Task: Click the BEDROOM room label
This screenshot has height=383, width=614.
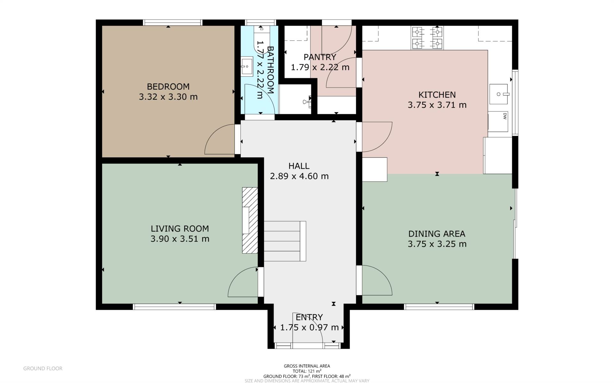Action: pyautogui.click(x=168, y=87)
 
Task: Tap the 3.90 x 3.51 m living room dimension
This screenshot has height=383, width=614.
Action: pyautogui.click(x=180, y=239)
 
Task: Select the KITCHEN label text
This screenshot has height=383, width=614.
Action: pyautogui.click(x=437, y=95)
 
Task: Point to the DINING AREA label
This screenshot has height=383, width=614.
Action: pyautogui.click(x=437, y=234)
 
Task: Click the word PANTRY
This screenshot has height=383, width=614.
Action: pyautogui.click(x=320, y=57)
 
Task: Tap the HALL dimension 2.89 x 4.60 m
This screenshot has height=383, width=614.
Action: pyautogui.click(x=299, y=176)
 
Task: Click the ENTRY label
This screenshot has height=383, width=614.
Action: pyautogui.click(x=309, y=317)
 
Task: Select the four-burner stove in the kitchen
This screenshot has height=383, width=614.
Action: pyautogui.click(x=427, y=38)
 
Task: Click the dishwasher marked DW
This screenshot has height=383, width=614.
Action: pyautogui.click(x=498, y=121)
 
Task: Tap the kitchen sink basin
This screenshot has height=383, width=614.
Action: pyautogui.click(x=498, y=94)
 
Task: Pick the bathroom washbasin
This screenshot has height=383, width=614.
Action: pyautogui.click(x=247, y=66)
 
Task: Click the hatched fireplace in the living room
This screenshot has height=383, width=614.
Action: pyautogui.click(x=250, y=220)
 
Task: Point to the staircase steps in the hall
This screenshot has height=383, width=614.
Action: pyautogui.click(x=285, y=241)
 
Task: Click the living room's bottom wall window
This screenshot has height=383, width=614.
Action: pyautogui.click(x=175, y=307)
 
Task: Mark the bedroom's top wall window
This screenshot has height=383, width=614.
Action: pyautogui.click(x=173, y=22)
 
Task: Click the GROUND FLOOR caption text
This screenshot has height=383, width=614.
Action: pyautogui.click(x=43, y=369)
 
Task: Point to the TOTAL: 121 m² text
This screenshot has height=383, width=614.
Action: pyautogui.click(x=307, y=371)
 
